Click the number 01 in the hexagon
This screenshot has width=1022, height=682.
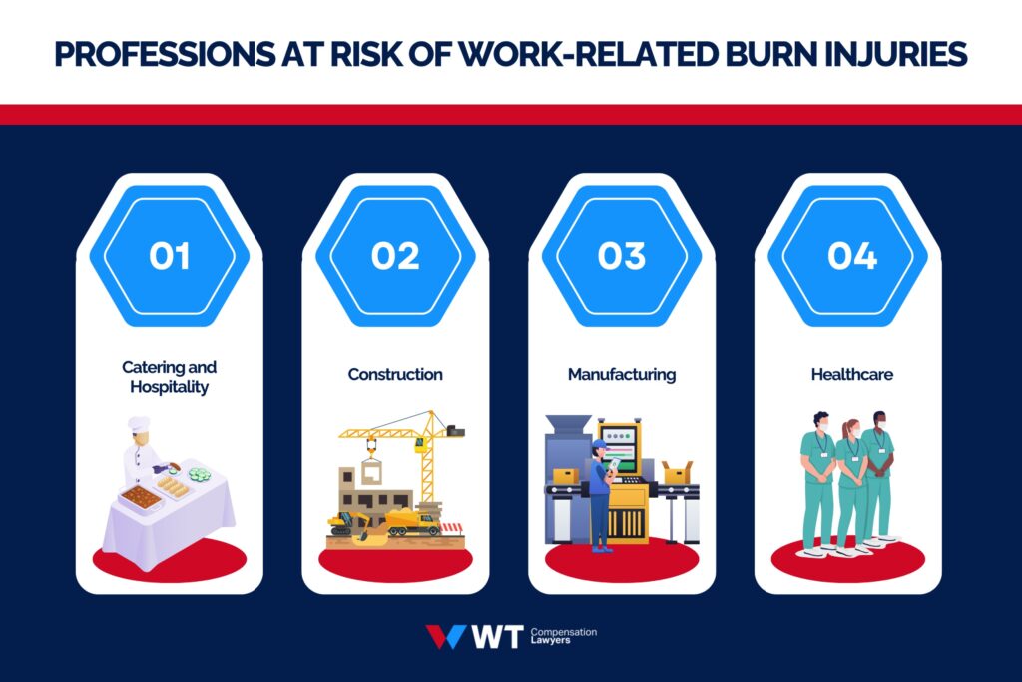(169, 256)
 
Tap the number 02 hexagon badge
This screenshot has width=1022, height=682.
(395, 256)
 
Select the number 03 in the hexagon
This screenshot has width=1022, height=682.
(622, 256)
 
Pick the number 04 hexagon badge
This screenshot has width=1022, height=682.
(851, 256)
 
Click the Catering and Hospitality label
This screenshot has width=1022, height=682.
(169, 377)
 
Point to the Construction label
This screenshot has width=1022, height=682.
(395, 375)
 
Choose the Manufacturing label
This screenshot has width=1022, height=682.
(622, 375)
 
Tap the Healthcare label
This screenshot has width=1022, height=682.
(851, 375)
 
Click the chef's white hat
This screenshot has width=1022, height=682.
(139, 425)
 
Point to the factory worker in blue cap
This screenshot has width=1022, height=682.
(599, 489)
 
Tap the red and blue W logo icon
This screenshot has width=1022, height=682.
(445, 637)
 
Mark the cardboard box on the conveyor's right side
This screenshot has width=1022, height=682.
(678, 472)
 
